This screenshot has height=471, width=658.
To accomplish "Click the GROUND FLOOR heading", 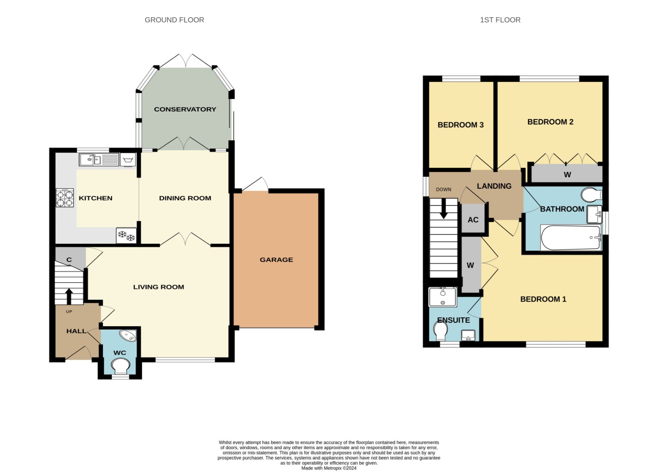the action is tap(174, 20).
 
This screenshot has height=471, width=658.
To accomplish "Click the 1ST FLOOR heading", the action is tap(500, 20).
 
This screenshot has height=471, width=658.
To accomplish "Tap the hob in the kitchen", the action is tap(65, 198).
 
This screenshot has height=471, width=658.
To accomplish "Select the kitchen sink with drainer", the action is tap(99, 160).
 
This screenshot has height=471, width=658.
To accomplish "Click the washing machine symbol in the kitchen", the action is tap(128, 160).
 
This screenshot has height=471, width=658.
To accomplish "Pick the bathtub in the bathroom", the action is tap(571, 238).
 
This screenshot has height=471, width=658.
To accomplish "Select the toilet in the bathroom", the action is tap(591, 195).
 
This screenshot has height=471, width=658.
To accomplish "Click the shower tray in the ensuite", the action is tap(443, 297).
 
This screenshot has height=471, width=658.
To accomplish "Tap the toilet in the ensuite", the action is tap(440, 331).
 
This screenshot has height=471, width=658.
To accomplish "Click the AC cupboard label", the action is tap(473, 220).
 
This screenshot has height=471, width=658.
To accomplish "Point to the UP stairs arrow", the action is tap(69, 296).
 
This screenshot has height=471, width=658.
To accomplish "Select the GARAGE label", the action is tap(276, 260).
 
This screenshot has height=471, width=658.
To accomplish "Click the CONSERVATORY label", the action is tap(185, 109).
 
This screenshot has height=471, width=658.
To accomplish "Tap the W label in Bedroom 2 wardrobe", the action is tap(567, 175).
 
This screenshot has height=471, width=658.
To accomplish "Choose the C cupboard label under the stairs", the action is tap(69, 260).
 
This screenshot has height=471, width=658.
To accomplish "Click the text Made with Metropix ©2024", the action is tap(329, 468).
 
